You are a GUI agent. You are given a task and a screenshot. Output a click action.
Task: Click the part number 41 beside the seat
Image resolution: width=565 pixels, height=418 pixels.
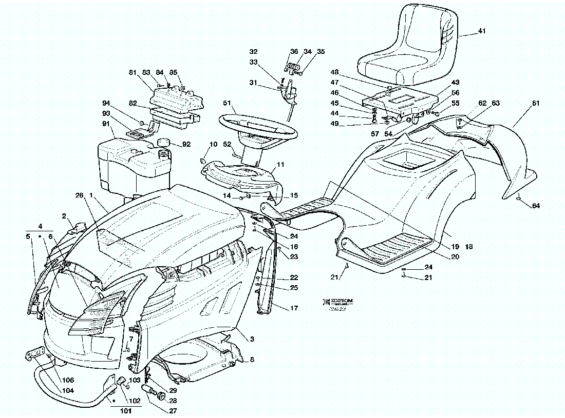click(481, 31)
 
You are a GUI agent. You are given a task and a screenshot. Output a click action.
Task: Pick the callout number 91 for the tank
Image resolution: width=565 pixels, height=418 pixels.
click(105, 124)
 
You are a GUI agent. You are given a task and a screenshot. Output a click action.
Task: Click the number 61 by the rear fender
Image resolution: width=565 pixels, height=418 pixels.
click(536, 103)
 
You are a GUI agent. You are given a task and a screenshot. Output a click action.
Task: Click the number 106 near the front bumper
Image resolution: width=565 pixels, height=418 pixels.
click(68, 380)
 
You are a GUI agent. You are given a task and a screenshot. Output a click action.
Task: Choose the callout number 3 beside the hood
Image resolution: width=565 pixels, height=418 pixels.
click(252, 339)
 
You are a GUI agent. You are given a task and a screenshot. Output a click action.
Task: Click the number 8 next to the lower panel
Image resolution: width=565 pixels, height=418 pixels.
click(252, 360)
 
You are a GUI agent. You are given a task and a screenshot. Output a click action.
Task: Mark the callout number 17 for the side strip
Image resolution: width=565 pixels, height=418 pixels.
click(294, 308)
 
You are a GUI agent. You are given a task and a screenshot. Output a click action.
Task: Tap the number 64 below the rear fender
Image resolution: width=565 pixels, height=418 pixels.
click(536, 206)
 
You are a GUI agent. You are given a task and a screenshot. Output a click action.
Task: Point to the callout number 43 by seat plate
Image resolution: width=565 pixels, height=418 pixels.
click(455, 83)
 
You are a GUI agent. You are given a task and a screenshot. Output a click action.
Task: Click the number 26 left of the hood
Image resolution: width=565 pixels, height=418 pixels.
click(79, 195)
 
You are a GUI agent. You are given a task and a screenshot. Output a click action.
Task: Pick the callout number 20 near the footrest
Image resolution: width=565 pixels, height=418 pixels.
click(455, 257)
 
